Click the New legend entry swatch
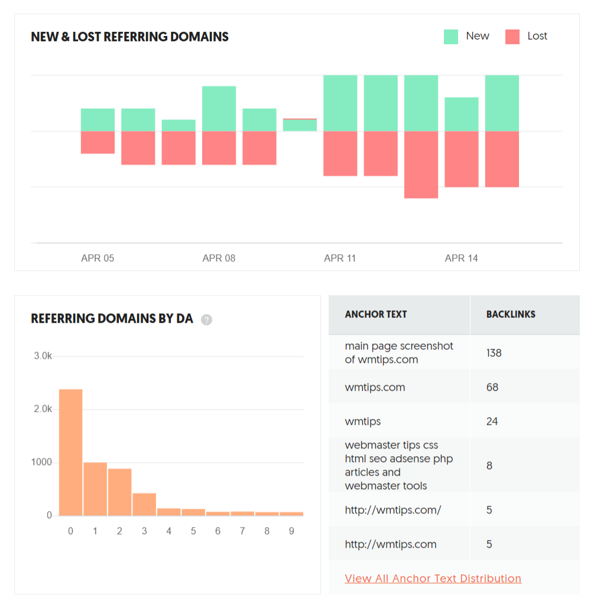(451, 37)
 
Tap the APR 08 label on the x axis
(219, 258)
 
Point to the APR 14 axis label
(462, 258)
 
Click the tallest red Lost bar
(421, 164)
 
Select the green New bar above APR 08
(219, 109)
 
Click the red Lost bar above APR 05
(98, 142)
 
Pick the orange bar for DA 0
(71, 452)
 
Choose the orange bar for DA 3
(144, 504)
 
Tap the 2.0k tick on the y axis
(42, 409)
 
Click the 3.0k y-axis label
(42, 356)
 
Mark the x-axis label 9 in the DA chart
(291, 531)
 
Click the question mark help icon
(206, 320)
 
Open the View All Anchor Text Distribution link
(433, 578)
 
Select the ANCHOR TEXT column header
(376, 314)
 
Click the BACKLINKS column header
(511, 314)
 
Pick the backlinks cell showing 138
(494, 353)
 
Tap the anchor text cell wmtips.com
(375, 387)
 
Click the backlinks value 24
(492, 421)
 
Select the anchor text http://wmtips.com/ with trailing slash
(393, 510)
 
